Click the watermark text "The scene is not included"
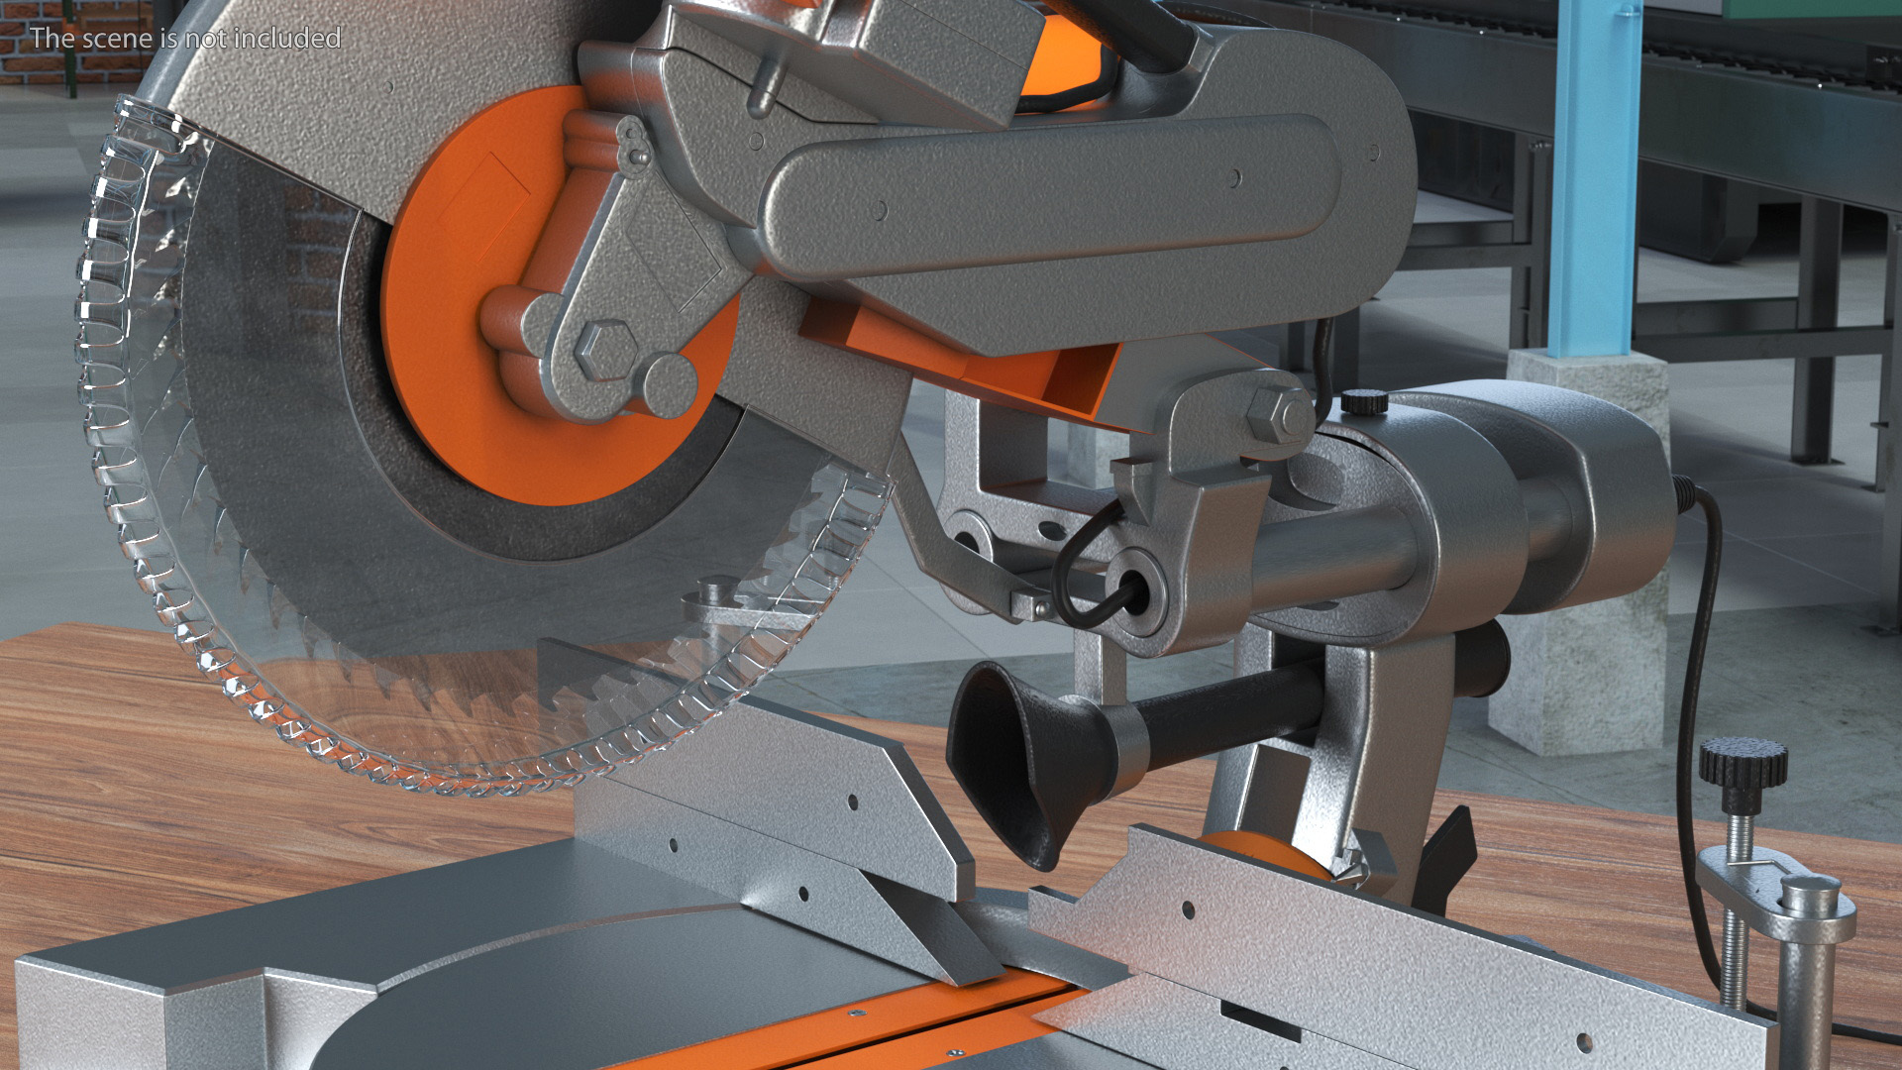click(x=185, y=38)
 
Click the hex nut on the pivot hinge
click(x=1279, y=417)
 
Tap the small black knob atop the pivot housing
click(x=1365, y=401)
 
